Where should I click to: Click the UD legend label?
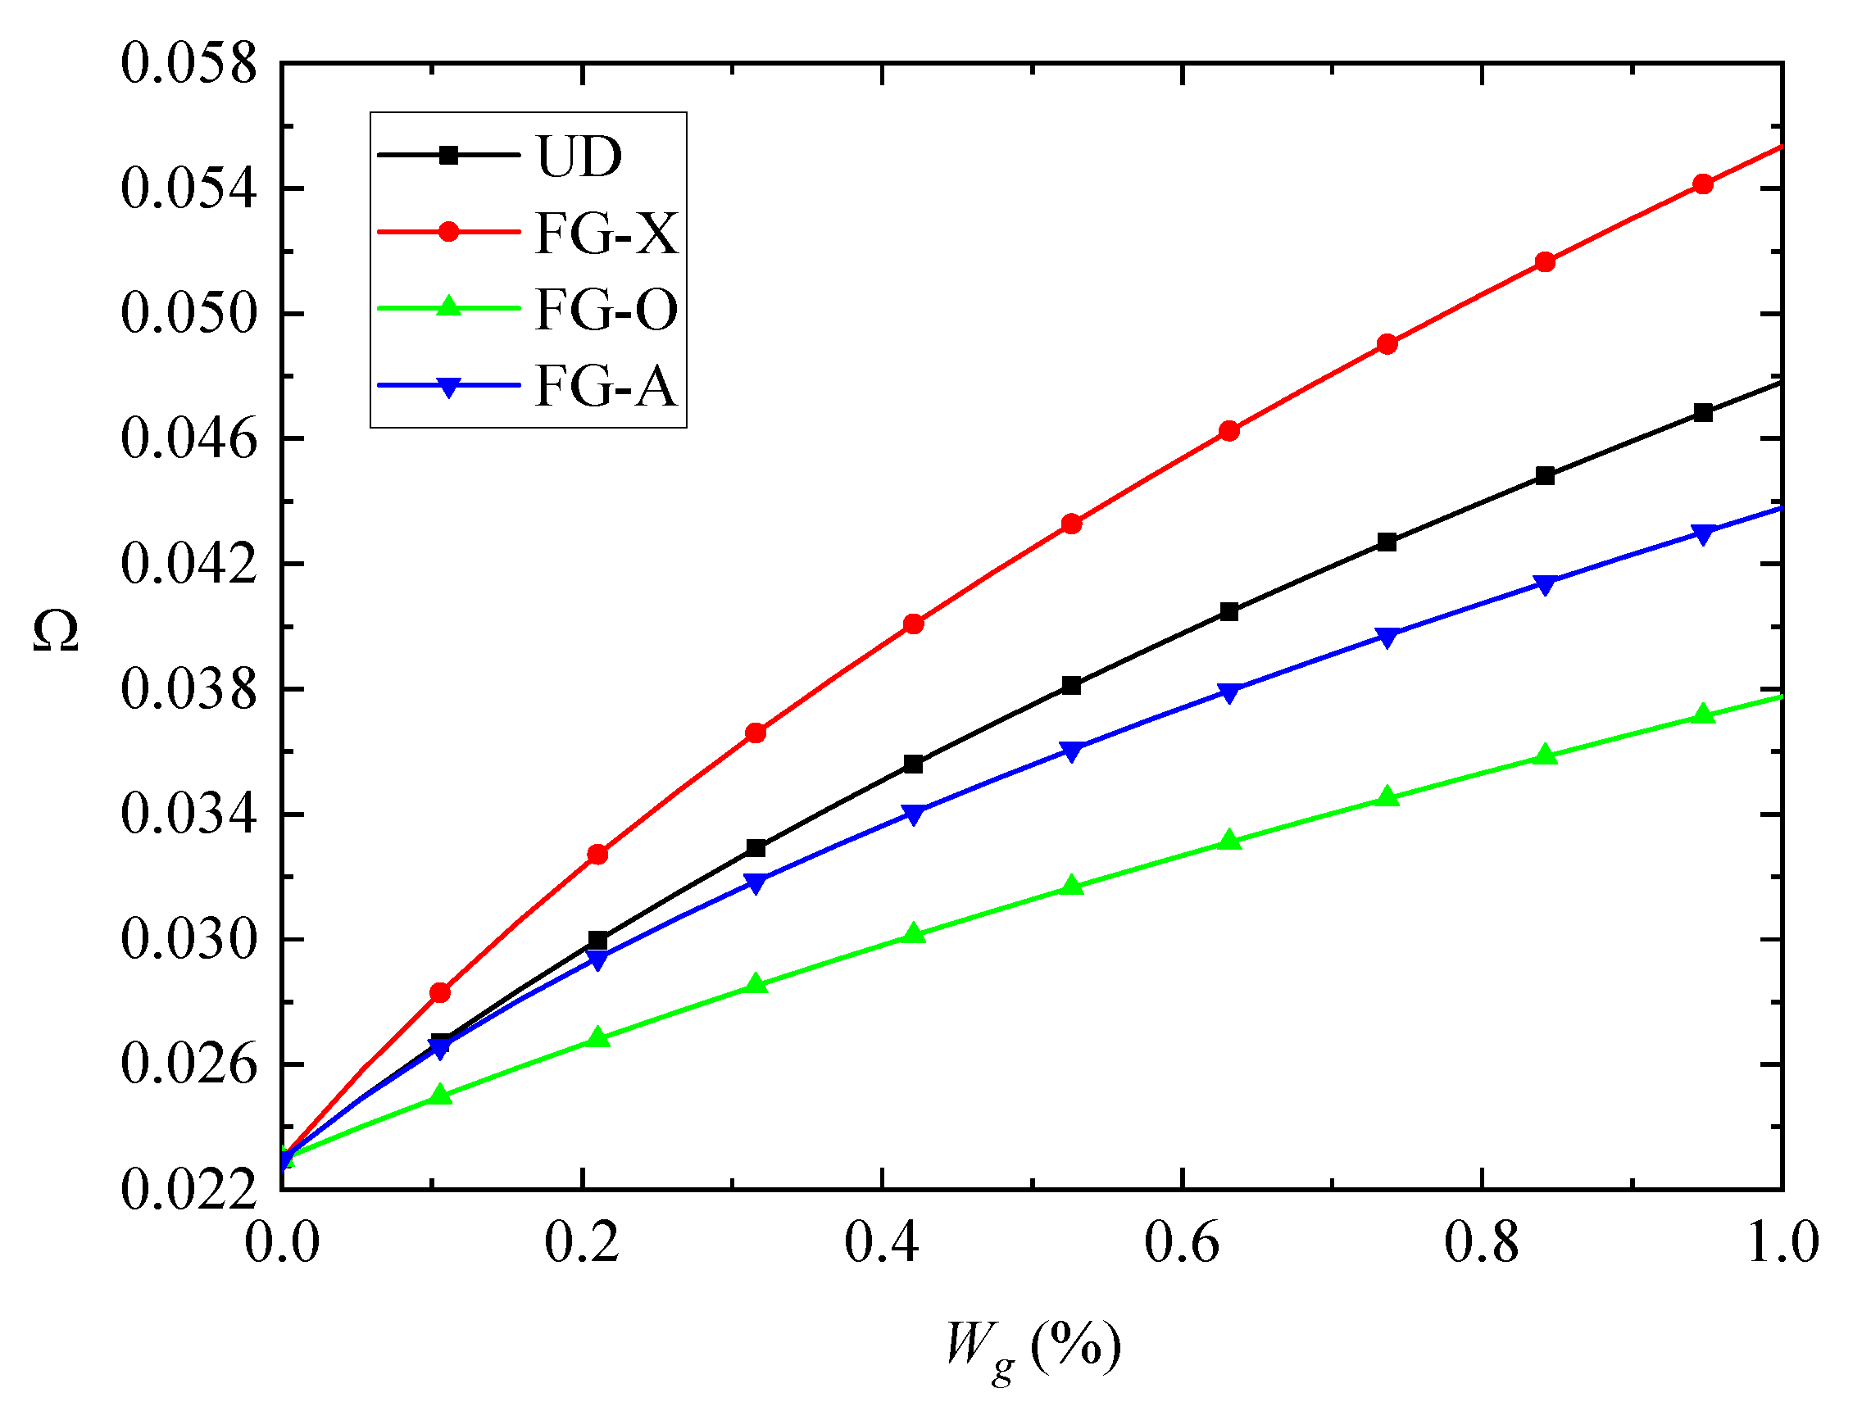579,157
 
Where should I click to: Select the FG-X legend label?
606,233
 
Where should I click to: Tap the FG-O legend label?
606,310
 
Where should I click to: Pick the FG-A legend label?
606,387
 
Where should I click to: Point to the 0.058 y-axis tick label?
188,63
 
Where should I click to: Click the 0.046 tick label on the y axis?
188,439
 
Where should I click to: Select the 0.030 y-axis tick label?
188,940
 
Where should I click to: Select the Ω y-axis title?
56,631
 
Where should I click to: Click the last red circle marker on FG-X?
1704,184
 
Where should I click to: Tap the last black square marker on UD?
1704,413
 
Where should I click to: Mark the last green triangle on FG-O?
1704,715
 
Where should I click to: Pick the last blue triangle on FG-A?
1704,534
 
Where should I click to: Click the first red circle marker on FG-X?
440,992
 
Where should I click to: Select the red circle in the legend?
449,232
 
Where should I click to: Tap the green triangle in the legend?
449,307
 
